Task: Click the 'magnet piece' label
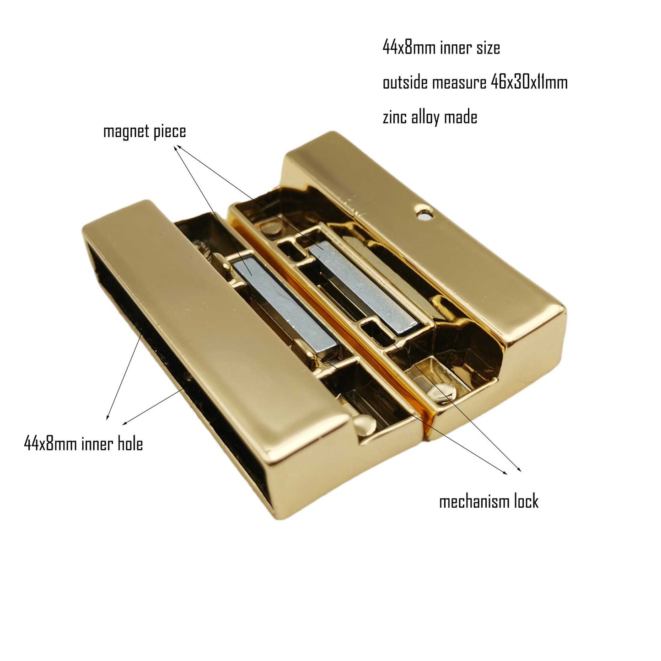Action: point(145,132)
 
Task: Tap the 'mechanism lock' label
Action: point(489,502)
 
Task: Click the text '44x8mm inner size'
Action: point(441,48)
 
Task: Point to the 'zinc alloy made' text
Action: point(430,117)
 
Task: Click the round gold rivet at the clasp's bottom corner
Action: point(364,425)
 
